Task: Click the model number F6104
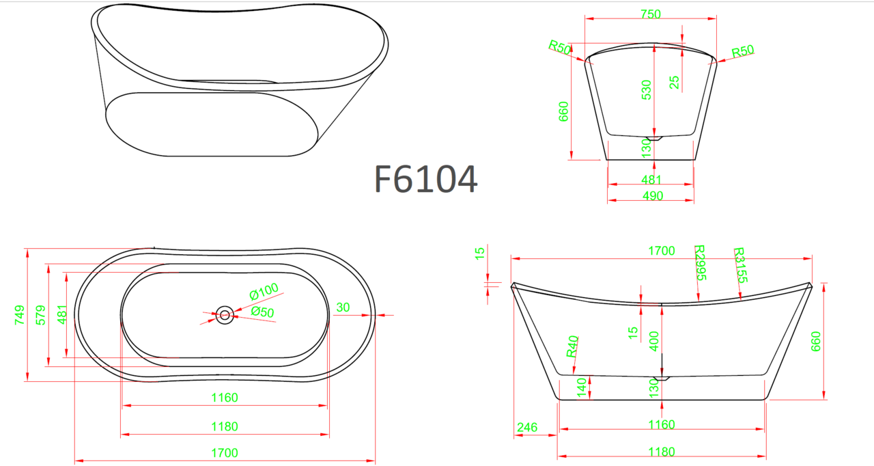(425, 179)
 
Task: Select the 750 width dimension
(651, 14)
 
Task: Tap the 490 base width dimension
(653, 195)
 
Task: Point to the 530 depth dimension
(647, 90)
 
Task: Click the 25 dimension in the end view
(675, 83)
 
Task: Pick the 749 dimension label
(20, 315)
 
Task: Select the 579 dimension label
(40, 315)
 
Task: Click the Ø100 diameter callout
(264, 291)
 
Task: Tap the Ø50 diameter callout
(262, 312)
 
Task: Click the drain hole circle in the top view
(225, 315)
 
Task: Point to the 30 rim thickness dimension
(343, 307)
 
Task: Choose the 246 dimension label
(527, 427)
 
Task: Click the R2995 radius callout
(701, 262)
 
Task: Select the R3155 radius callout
(741, 265)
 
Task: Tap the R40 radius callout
(572, 346)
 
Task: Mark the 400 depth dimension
(654, 341)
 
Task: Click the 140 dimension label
(581, 387)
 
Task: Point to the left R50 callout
(560, 47)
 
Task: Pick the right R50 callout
(742, 51)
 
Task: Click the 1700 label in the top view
(225, 453)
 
